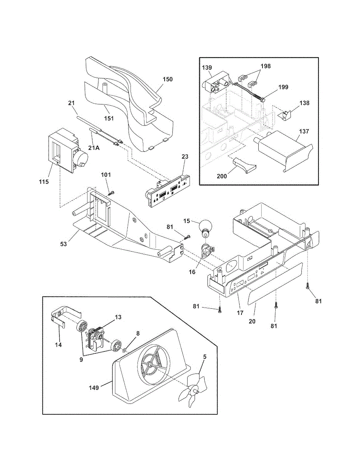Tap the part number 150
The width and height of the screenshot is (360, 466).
(168, 80)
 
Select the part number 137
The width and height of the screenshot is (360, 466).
(304, 131)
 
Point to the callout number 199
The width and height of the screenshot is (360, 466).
(283, 87)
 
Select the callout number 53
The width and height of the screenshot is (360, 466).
(63, 244)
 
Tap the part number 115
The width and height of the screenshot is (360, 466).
(44, 181)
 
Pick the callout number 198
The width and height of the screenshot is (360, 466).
(266, 66)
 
